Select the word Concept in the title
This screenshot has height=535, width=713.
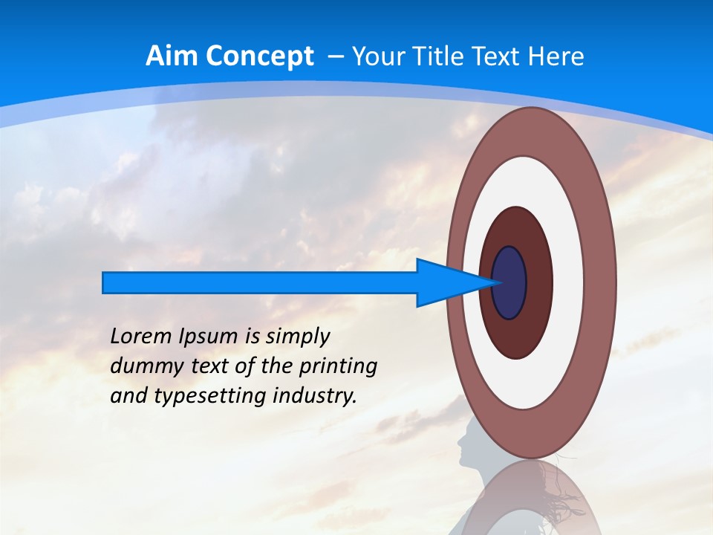pos(259,56)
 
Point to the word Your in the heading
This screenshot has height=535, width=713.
pos(379,56)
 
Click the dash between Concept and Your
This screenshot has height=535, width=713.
pos(335,57)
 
